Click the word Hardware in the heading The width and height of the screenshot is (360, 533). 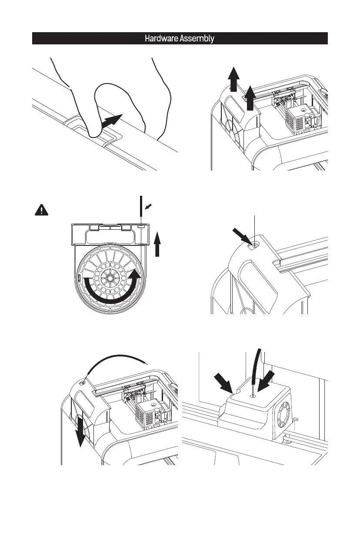click(x=160, y=39)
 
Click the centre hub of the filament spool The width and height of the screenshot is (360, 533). click(x=110, y=277)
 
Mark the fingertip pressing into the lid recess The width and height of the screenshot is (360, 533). click(x=93, y=131)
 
